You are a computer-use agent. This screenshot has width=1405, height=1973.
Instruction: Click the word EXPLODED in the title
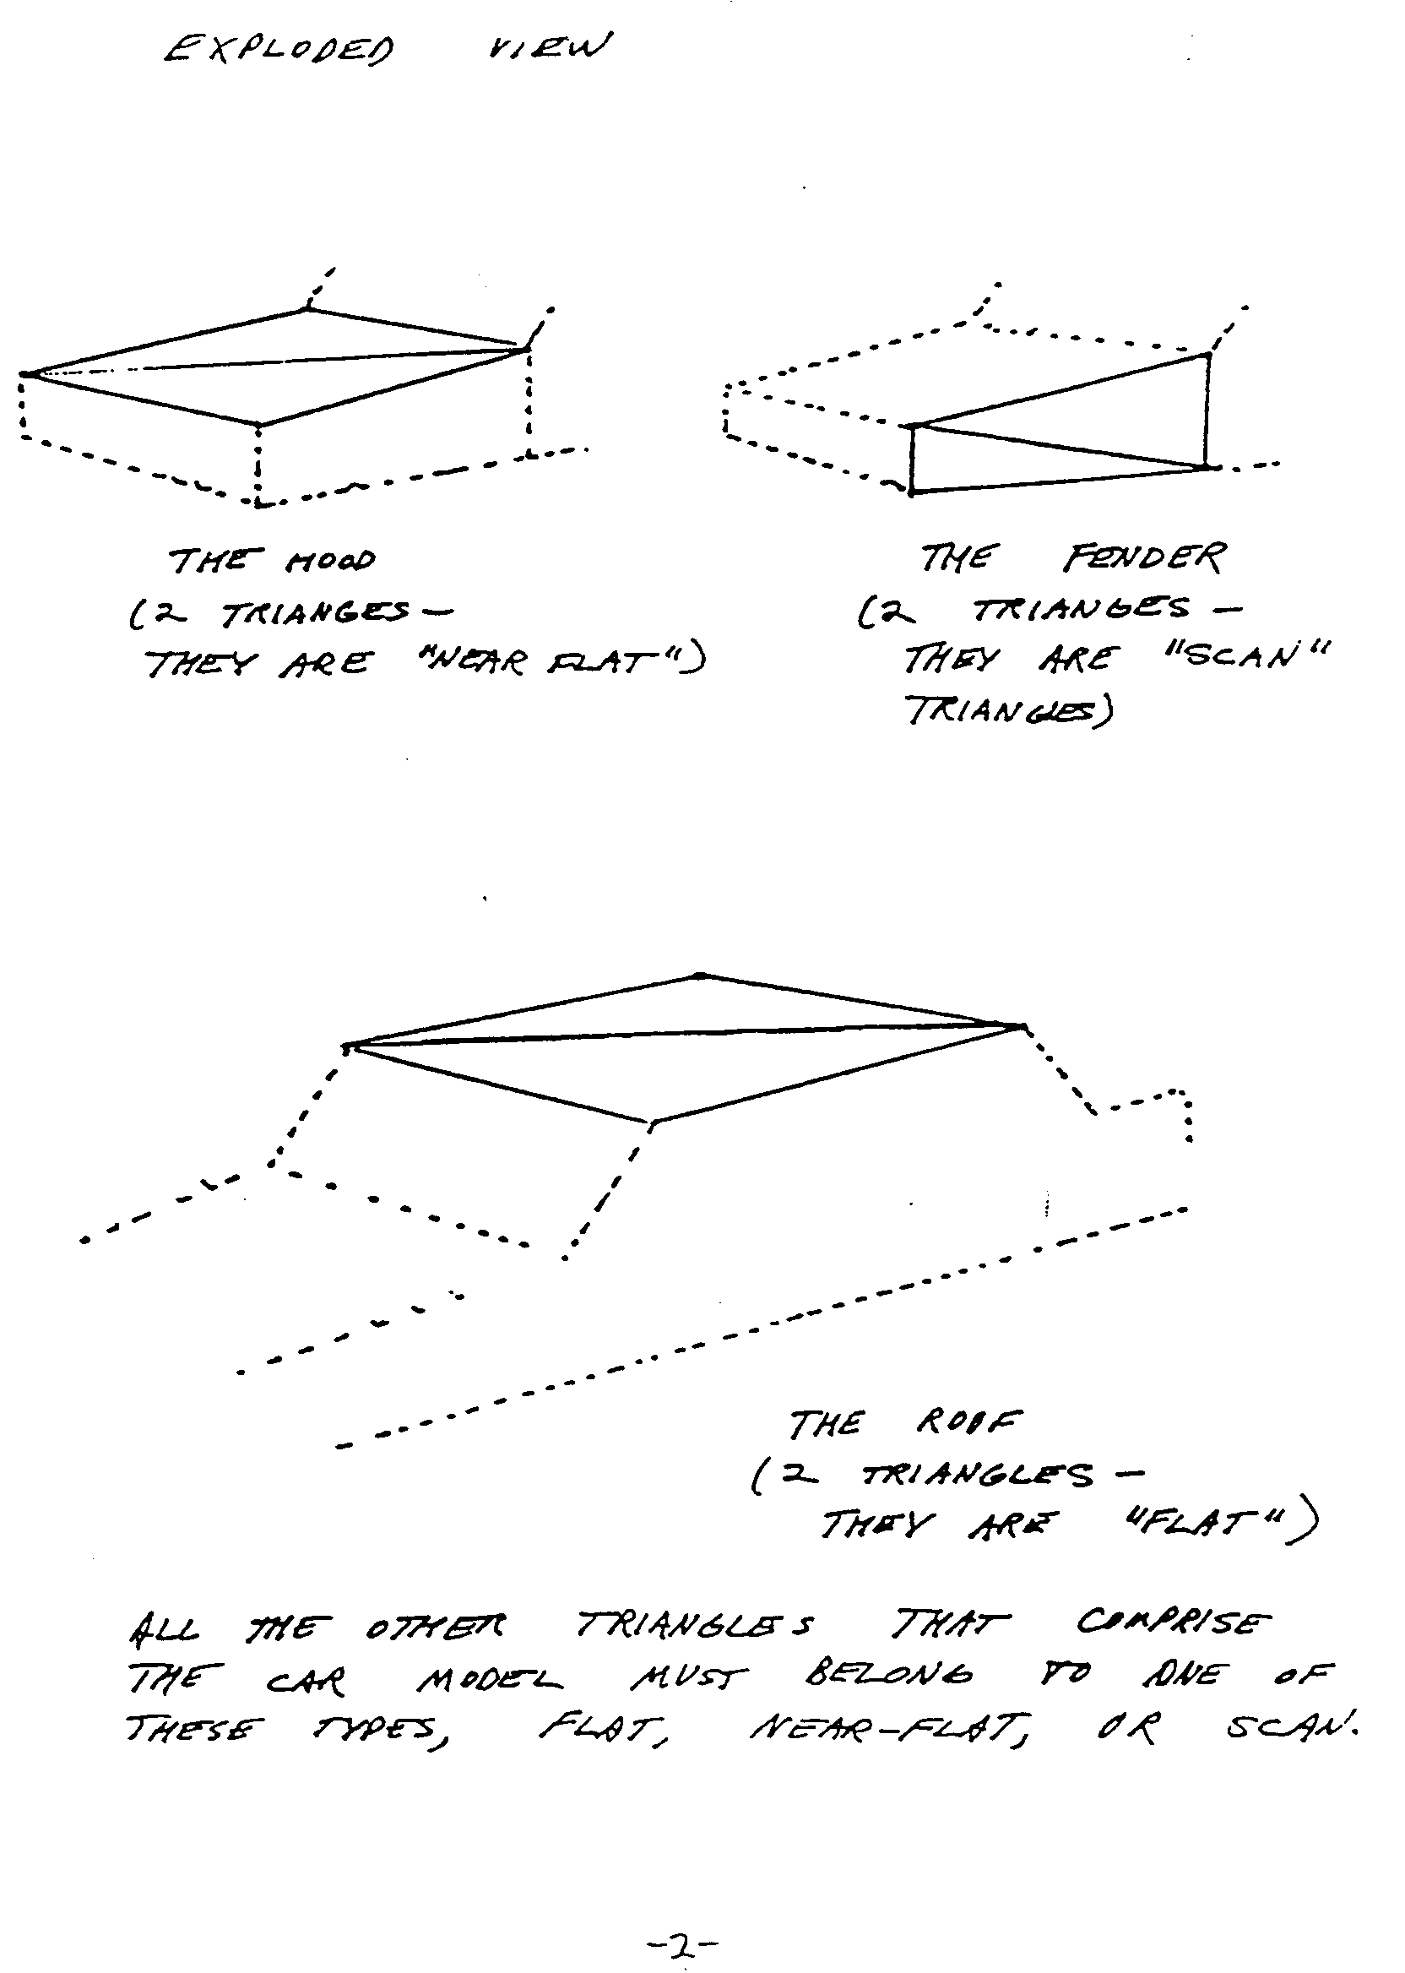coord(279,49)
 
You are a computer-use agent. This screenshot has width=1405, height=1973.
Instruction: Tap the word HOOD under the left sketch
coord(330,561)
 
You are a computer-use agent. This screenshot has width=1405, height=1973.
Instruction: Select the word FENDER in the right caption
coord(1144,558)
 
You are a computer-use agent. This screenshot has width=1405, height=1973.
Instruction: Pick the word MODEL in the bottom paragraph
coord(489,1681)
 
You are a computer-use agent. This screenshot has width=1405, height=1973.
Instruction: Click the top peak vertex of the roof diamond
coord(702,976)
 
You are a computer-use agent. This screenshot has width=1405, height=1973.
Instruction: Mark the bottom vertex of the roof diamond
coord(652,1124)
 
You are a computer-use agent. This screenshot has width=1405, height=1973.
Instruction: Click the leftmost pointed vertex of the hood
coord(24,374)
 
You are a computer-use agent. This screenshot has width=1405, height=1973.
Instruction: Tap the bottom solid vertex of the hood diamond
coord(258,424)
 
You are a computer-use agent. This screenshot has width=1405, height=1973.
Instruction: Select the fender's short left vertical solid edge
coord(911,459)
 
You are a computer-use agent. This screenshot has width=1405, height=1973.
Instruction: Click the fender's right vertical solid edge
coord(1207,410)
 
